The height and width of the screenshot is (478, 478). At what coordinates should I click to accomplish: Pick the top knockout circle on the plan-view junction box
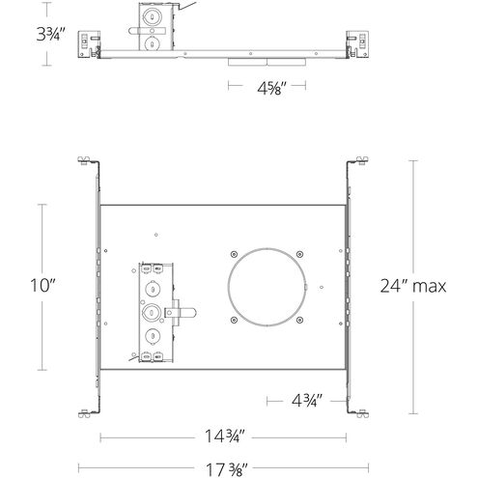point(152,270)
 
